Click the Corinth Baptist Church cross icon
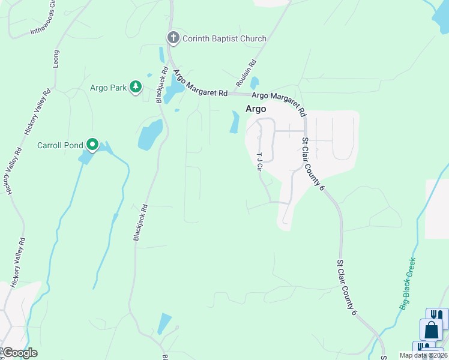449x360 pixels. click(x=173, y=38)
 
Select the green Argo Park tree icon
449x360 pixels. click(x=136, y=88)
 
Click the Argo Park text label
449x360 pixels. click(x=108, y=88)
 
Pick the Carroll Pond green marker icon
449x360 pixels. click(x=92, y=145)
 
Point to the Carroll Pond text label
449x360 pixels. click(x=59, y=145)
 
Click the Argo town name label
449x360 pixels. click(x=256, y=109)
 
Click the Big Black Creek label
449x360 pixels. click(x=408, y=284)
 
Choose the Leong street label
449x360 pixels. click(x=56, y=58)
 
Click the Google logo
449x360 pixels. click(x=20, y=353)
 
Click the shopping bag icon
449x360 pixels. click(x=431, y=330)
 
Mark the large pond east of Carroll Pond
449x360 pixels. click(x=151, y=134)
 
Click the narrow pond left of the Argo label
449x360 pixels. click(x=234, y=122)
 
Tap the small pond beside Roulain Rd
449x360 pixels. click(x=255, y=83)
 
